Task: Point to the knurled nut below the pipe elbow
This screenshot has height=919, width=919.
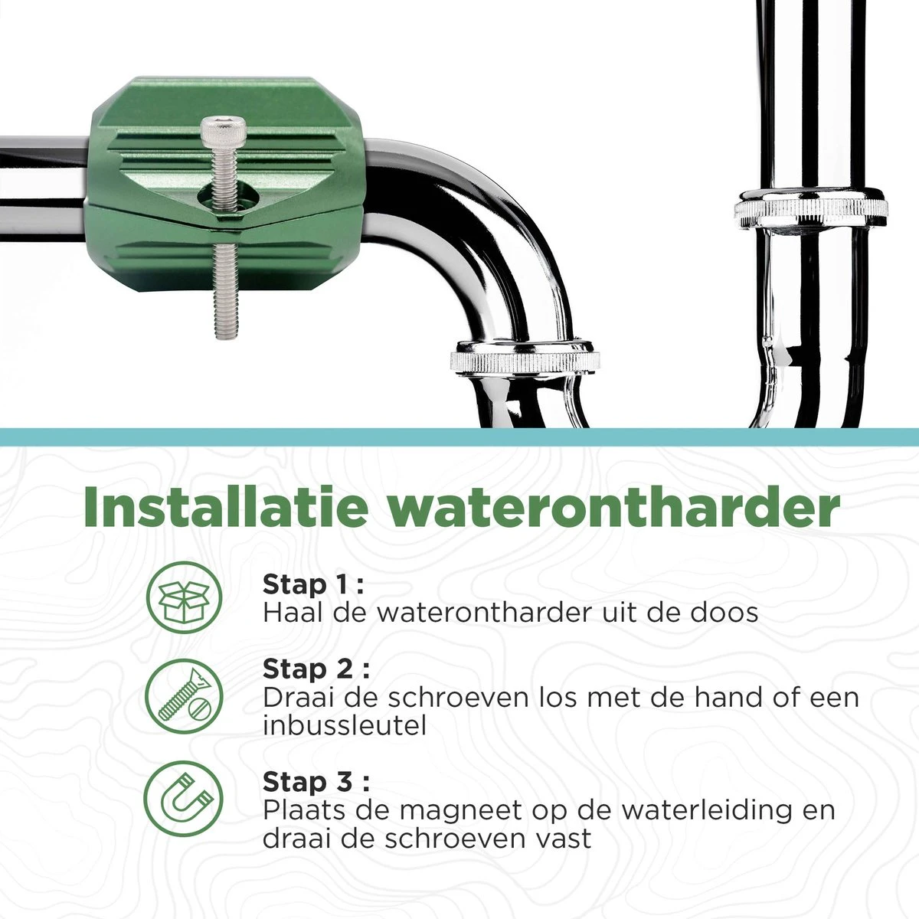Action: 524,358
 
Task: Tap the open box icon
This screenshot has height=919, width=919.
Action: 184,598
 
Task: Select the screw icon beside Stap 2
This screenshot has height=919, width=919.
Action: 184,697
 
